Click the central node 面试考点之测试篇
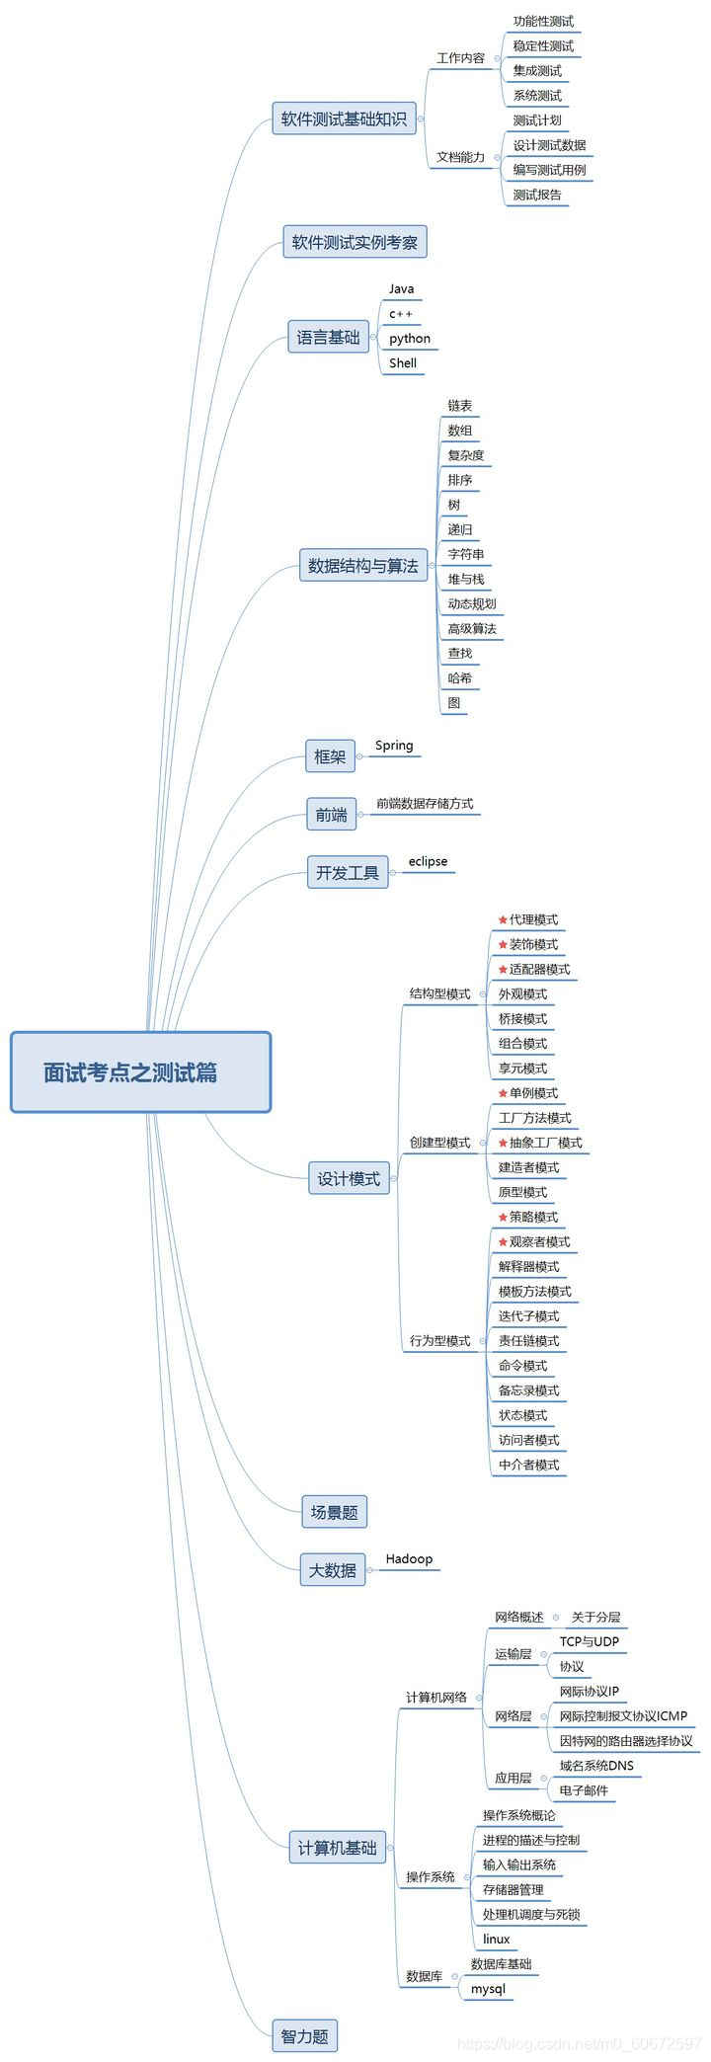tap(140, 1072)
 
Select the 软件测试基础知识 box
tap(344, 119)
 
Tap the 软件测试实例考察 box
tap(355, 242)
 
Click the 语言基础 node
tap(329, 338)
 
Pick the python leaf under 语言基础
tap(409, 338)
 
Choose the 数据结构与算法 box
tap(362, 566)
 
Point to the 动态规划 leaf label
tap(471, 603)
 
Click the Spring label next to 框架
tap(394, 746)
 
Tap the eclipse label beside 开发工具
tap(428, 861)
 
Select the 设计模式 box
tap(349, 1178)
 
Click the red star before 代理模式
tap(503, 919)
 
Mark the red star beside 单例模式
tap(503, 1093)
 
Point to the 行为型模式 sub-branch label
tap(439, 1340)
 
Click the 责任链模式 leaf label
tap(528, 1340)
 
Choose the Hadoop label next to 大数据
tap(409, 1558)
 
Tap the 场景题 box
tap(334, 1512)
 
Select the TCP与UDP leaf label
tap(589, 1641)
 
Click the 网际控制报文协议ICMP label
tap(623, 1715)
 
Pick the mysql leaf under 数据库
tap(488, 1988)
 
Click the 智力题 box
tap(304, 2036)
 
